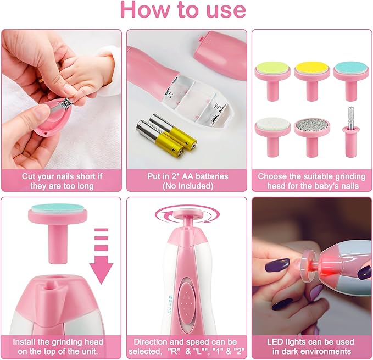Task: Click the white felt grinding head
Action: [272, 128]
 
